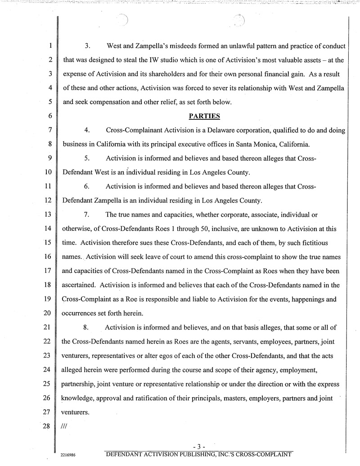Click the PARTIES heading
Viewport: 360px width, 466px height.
pos(204,116)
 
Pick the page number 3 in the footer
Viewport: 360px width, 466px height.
pos(198,446)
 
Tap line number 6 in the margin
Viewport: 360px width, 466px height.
pos(51,116)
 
